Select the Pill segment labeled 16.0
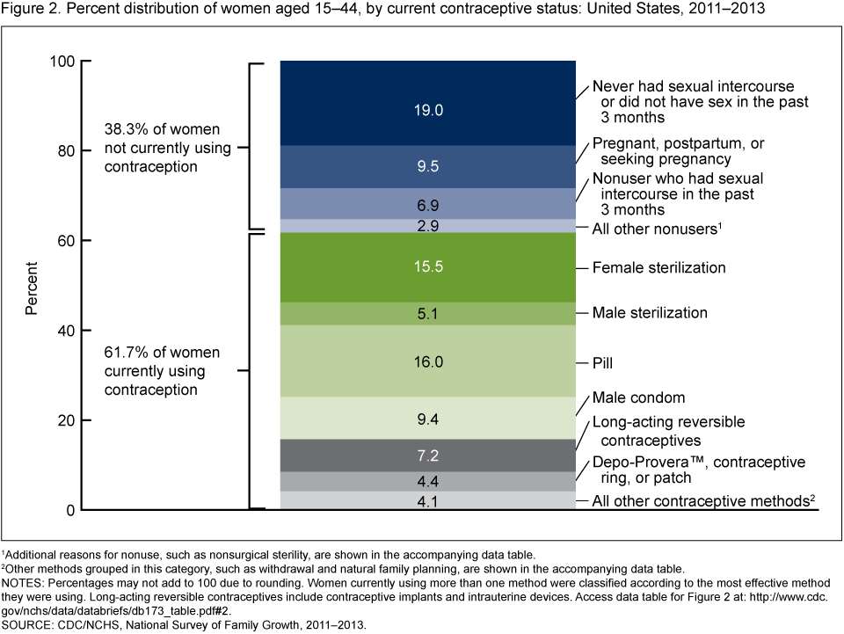coord(427,361)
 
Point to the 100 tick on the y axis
coord(65,62)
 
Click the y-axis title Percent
coord(32,286)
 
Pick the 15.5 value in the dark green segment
coord(427,267)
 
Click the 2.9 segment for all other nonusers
coord(427,227)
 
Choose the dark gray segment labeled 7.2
coord(427,455)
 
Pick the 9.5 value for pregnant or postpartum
coord(427,167)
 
